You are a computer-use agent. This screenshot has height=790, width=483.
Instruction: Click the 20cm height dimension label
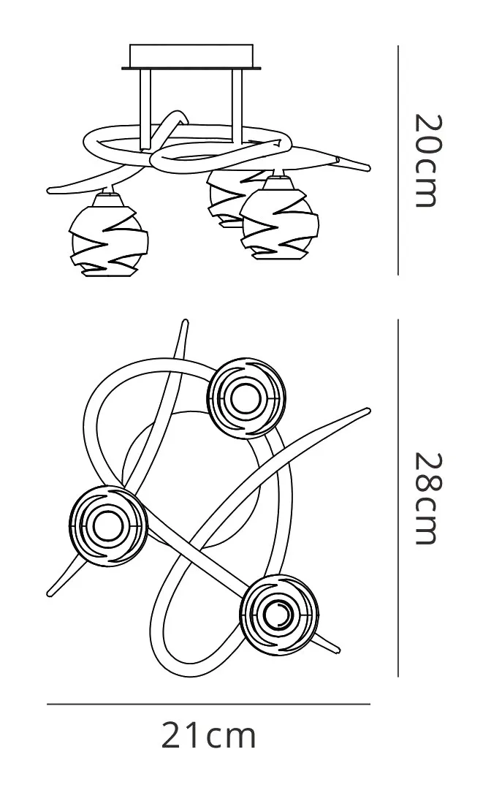point(429,160)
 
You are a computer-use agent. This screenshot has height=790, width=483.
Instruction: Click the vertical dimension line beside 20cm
point(398,160)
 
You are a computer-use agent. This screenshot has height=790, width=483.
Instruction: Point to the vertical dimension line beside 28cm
point(398,497)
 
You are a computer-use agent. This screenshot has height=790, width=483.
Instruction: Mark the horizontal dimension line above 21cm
point(209,704)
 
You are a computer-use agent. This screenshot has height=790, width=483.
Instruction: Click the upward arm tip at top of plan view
point(186,323)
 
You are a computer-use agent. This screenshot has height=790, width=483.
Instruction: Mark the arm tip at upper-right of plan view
point(365,411)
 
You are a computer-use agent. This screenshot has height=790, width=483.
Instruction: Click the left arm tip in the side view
point(51,191)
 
